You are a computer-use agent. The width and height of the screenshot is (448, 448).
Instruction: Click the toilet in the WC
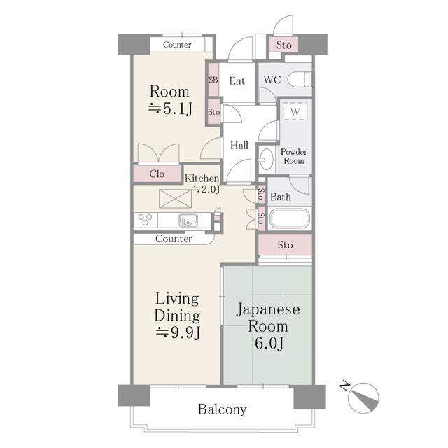coord(299,79)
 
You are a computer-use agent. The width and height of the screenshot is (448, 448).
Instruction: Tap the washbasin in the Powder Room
coord(266,160)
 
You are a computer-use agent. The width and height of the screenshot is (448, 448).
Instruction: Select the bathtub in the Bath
coord(289,218)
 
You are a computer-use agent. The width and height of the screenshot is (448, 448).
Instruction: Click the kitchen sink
coord(188,220)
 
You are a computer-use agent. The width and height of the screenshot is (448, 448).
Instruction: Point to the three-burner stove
coord(145,220)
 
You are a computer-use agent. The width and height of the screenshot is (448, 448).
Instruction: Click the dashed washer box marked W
coord(295,111)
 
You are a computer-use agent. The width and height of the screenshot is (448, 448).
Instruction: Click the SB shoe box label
coord(213,80)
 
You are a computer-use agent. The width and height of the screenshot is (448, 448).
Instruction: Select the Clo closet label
coord(157,174)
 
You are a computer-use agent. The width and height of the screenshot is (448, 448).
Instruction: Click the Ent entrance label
coord(237,81)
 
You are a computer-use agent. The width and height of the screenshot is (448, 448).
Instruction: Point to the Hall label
coord(239,146)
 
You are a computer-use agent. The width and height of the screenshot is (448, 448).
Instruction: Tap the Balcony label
coord(223,409)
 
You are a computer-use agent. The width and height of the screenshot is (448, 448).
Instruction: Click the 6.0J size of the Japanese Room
coord(269,343)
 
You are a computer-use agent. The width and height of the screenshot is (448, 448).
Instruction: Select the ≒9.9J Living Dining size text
coord(177,332)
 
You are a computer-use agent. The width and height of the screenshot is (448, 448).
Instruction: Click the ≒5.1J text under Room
coord(170,108)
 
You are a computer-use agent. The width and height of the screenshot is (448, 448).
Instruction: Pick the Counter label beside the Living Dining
coord(174,239)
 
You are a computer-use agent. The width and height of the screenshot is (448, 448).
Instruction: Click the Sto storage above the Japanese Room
coord(285,244)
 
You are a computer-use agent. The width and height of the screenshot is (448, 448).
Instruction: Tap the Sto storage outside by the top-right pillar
coord(284,45)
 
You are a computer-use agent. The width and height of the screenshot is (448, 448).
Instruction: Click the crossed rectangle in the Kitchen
coord(175,199)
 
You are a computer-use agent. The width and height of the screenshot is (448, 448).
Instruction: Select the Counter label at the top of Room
coord(177,45)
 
